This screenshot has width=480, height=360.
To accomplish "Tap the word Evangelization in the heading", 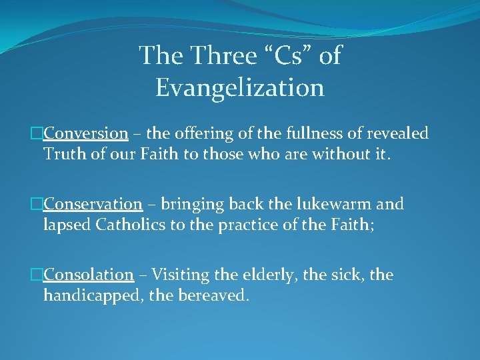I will (x=240, y=88).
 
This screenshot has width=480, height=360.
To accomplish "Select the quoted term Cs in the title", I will (x=288, y=56).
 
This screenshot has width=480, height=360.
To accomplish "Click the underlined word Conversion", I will (x=85, y=133).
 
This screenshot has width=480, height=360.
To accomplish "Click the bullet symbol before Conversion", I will (x=38, y=134).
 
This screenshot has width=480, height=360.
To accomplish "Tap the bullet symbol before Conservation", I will (x=38, y=205).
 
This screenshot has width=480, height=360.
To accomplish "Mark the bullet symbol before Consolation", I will (x=38, y=275).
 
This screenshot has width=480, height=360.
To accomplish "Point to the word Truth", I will (x=63, y=154).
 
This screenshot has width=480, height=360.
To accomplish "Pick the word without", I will (x=358, y=154).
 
